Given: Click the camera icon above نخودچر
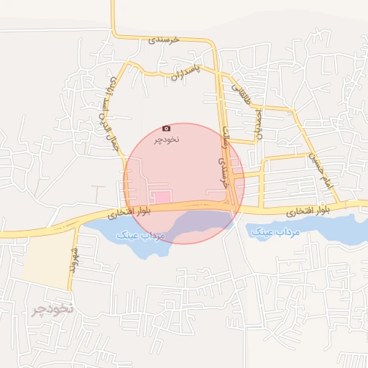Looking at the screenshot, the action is pyautogui.click(x=167, y=128).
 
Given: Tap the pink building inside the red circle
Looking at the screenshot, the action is pyautogui.click(x=164, y=196).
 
